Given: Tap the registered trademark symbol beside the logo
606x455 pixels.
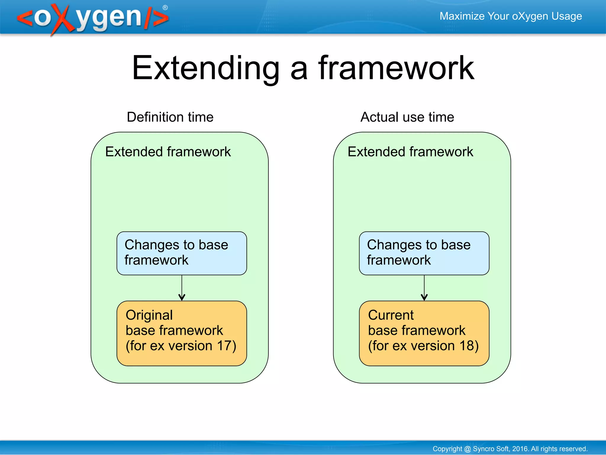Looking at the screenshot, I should coord(165,7).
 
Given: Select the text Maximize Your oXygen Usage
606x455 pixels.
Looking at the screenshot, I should coord(511,16).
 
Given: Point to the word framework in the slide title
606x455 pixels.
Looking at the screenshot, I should coord(396,69).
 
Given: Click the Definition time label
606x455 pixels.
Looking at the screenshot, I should coord(170,117).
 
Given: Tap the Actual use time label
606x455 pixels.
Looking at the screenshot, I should coord(407,117).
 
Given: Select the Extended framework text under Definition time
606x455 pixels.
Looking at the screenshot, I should coord(168,152).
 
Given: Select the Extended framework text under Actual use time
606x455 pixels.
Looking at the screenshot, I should coord(410,152).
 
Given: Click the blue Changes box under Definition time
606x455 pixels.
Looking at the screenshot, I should coord(182,253).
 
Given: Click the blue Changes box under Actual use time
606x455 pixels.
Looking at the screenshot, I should coord(424,253).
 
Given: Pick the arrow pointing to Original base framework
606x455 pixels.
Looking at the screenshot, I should coord(182,289).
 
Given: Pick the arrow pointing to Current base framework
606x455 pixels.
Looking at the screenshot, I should coord(424,289).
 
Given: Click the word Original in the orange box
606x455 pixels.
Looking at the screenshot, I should coord(149,315).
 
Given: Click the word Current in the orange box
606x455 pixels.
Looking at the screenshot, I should coord(391,315).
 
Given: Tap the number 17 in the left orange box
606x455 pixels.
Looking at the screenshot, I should coord(224,345).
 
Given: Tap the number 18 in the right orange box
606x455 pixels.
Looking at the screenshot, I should coord(466,345).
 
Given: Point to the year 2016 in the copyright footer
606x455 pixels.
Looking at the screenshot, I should coord(520,449).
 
